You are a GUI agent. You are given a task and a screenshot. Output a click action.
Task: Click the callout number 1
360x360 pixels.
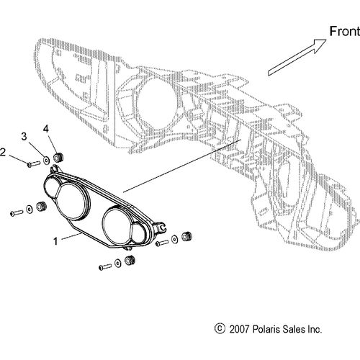pyautogui.click(x=55, y=241)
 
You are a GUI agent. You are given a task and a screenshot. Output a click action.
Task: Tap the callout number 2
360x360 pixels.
pyautogui.click(x=2, y=152)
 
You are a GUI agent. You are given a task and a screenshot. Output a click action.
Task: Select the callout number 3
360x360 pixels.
pyautogui.click(x=24, y=137)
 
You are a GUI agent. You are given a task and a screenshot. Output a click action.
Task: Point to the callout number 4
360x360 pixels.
pyautogui.click(x=46, y=129)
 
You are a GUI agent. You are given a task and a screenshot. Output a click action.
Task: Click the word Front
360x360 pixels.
pyautogui.click(x=345, y=31)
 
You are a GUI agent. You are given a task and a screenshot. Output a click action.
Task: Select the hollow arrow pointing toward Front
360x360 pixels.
pyautogui.click(x=297, y=58)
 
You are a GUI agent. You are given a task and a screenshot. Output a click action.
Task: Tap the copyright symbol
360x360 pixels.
pyautogui.click(x=220, y=329)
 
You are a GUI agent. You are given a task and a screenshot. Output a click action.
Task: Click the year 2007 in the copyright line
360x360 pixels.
pyautogui.click(x=239, y=329)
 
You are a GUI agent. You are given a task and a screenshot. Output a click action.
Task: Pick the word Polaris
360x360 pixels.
pyautogui.click(x=266, y=329)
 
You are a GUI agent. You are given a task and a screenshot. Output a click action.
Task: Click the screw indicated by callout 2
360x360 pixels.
pyautogui.click(x=34, y=163)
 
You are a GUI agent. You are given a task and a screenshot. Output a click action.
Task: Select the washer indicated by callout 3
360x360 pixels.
pyautogui.click(x=46, y=161)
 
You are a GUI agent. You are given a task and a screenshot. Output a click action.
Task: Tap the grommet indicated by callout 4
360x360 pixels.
pyautogui.click(x=58, y=157)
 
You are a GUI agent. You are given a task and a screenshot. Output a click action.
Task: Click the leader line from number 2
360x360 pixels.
pyautogui.click(x=19, y=159)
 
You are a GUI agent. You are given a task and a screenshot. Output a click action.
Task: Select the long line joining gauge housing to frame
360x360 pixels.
pyautogui.click(x=182, y=166)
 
